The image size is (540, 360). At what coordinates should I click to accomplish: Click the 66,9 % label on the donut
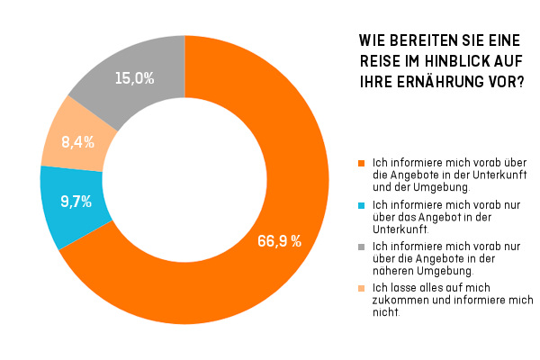[275, 241]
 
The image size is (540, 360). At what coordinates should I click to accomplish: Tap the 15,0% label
[134, 78]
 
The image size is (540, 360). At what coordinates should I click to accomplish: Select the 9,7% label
[76, 202]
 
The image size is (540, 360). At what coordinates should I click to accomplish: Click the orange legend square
[362, 163]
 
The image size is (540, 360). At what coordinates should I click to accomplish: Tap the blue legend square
[362, 206]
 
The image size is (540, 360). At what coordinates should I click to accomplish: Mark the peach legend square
[362, 288]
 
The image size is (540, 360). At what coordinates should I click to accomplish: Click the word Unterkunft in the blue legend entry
[397, 229]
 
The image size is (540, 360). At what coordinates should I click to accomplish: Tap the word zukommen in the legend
[399, 301]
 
